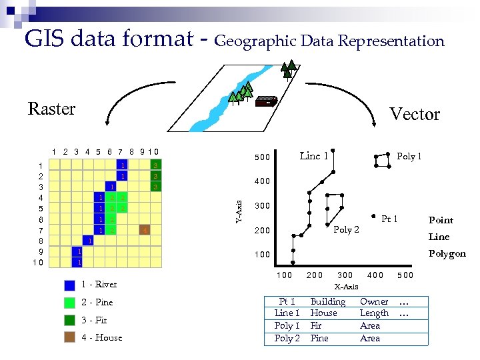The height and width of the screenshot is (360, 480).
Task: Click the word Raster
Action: (x=51, y=109)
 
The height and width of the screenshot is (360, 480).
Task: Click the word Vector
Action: (x=414, y=115)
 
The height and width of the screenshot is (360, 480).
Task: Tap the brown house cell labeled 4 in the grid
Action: (x=144, y=231)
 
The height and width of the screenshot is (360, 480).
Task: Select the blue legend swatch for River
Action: (x=69, y=285)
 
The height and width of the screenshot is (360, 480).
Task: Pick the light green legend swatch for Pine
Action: (x=69, y=303)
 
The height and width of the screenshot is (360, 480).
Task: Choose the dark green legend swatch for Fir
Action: (x=69, y=320)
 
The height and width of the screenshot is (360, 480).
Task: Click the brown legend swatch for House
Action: (x=69, y=338)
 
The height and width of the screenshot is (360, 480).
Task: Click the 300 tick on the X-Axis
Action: (x=345, y=275)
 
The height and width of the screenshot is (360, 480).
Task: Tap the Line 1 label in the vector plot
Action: (x=313, y=156)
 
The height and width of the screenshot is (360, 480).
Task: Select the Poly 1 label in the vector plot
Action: (x=409, y=157)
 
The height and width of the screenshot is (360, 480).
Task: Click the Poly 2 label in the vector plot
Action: (x=346, y=230)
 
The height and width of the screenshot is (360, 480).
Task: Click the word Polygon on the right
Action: (x=447, y=253)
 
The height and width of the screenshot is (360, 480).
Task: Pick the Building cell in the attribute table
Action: (x=327, y=301)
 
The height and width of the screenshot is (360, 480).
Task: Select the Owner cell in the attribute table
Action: (x=373, y=301)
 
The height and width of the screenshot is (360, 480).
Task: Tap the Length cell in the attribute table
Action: (x=374, y=313)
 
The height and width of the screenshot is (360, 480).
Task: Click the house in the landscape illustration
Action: (x=267, y=101)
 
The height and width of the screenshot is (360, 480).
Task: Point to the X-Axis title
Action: (x=346, y=287)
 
